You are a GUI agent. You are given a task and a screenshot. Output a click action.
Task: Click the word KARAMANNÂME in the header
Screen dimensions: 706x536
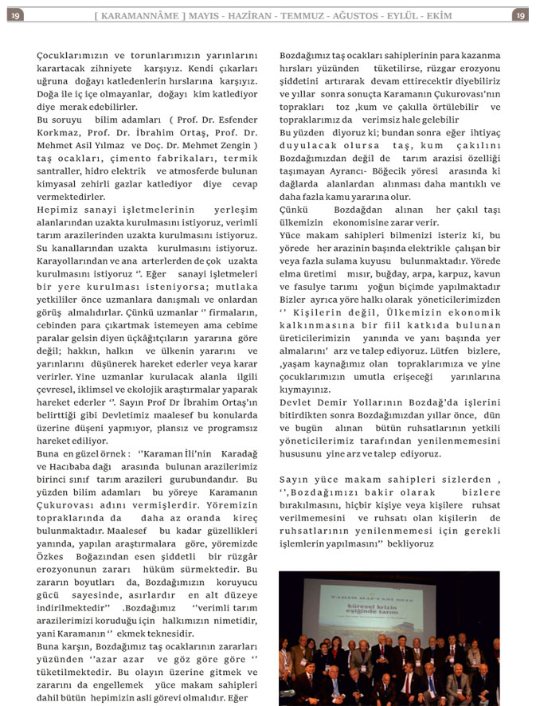click(x=143, y=16)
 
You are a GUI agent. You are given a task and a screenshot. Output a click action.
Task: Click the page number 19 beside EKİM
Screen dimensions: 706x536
click(x=519, y=16)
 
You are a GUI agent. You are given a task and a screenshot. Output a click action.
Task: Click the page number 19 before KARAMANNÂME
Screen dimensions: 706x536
click(x=18, y=16)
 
